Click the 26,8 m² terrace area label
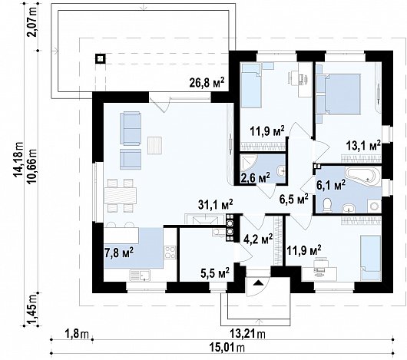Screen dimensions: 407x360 click(x=207, y=82)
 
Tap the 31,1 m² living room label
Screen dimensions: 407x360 click(x=216, y=204)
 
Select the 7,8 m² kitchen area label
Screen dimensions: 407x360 click(x=119, y=253)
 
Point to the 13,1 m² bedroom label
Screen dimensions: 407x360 click(x=363, y=146)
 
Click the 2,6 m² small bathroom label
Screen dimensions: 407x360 click(x=256, y=177)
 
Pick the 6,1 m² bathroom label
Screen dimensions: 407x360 click(x=331, y=184)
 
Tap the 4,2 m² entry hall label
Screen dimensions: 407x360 click(x=258, y=239)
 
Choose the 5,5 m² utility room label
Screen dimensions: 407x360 click(x=215, y=272)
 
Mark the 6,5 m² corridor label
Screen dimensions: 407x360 click(x=294, y=200)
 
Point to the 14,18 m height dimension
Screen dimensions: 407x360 click(x=18, y=160)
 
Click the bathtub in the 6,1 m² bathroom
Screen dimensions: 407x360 click(x=362, y=176)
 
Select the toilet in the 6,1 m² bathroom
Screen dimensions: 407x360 click(x=327, y=204)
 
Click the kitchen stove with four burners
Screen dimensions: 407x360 click(x=170, y=252)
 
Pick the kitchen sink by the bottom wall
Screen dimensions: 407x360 click(x=140, y=275)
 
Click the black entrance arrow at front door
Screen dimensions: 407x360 click(x=257, y=282)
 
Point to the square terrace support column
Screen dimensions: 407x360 click(x=100, y=59)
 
